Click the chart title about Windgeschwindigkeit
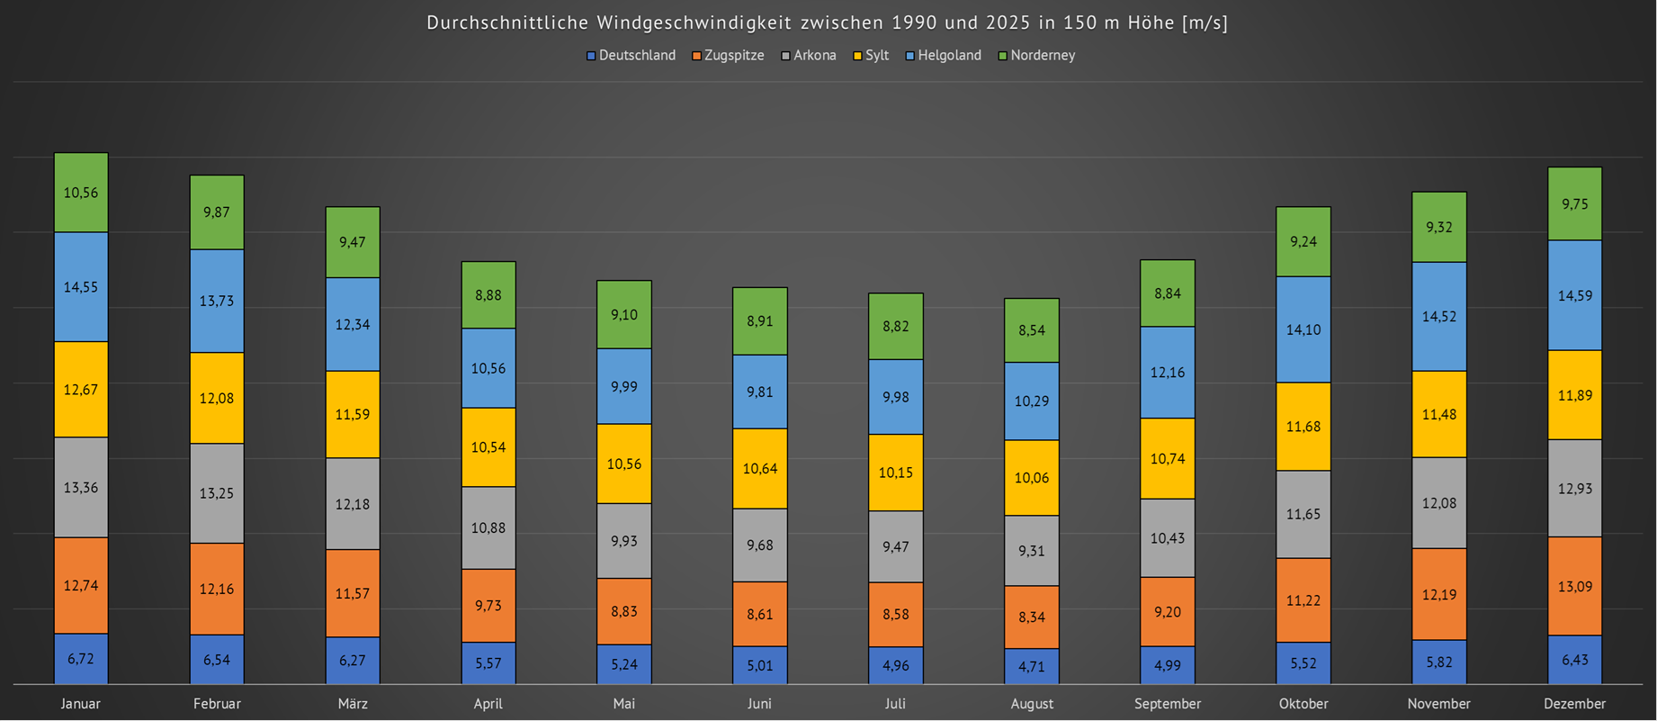point(827,23)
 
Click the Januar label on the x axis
point(81,704)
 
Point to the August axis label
point(1032,704)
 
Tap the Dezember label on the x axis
point(1574,704)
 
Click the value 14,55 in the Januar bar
point(81,287)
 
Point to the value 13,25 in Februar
point(217,493)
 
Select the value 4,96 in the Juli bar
point(896,666)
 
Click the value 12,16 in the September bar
point(1168,373)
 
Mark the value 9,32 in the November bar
point(1439,228)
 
